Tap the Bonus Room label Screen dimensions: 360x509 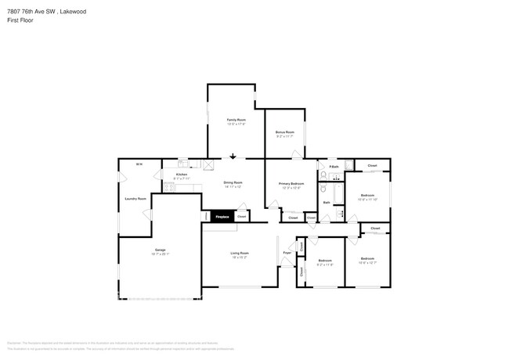(x=284, y=132)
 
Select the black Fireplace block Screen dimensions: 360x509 (x=222, y=216)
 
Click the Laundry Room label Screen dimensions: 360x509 (x=135, y=199)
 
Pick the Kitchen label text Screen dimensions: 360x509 (x=181, y=174)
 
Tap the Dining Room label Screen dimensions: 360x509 (x=233, y=182)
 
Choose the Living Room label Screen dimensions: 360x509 (x=240, y=252)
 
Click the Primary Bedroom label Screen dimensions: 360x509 (x=291, y=183)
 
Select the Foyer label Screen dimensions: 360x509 (x=287, y=252)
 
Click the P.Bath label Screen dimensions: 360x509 (x=334, y=167)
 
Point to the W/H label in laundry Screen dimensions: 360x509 (x=139, y=164)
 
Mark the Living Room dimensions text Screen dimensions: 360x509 (x=240, y=257)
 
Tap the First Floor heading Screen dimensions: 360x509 (x=19, y=20)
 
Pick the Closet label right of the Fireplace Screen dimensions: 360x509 (x=241, y=216)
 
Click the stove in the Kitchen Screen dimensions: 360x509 (x=208, y=164)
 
